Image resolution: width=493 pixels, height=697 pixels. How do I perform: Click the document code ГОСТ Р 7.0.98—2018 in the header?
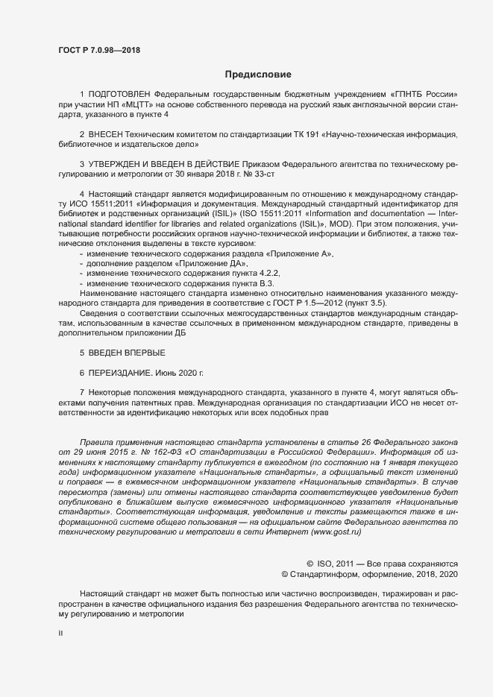[x=99, y=50]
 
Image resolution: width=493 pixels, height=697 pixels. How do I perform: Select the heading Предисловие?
[x=258, y=74]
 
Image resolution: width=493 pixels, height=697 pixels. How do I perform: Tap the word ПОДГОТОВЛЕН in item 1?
[x=119, y=95]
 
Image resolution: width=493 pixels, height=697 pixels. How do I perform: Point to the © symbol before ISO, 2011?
[x=310, y=564]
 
